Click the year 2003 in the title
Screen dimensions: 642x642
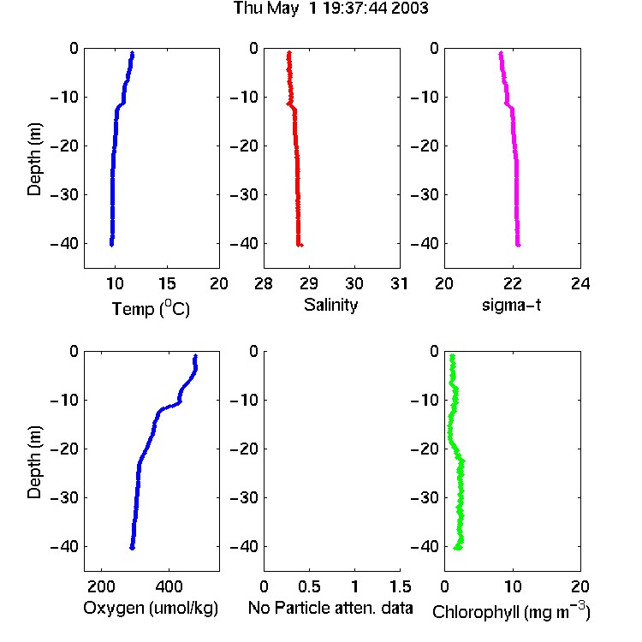pyautogui.click(x=409, y=9)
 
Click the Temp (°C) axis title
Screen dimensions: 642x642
pyautogui.click(x=151, y=309)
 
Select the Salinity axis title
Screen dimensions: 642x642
pyautogui.click(x=330, y=305)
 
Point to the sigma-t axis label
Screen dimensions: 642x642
pyautogui.click(x=511, y=305)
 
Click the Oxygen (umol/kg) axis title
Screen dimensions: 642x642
pyautogui.click(x=151, y=608)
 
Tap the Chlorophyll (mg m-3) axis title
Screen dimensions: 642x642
pyautogui.click(x=511, y=611)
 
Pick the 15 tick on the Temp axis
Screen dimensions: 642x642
pyautogui.click(x=167, y=283)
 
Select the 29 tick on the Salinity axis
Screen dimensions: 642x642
pyautogui.click(x=309, y=283)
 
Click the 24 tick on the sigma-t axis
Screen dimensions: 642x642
pyautogui.click(x=580, y=283)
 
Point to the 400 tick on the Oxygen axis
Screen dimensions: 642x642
pyautogui.click(x=169, y=586)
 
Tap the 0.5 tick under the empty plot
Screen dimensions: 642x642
pyautogui.click(x=309, y=586)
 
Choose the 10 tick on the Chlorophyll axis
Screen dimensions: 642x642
pyautogui.click(x=513, y=586)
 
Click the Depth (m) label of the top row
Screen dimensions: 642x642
pyautogui.click(x=34, y=159)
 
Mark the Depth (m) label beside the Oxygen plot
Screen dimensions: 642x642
pyautogui.click(x=34, y=462)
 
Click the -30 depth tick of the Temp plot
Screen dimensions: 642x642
pyautogui.click(x=64, y=195)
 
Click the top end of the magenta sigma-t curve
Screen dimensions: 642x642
pyautogui.click(x=501, y=53)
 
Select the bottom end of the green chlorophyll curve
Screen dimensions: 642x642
pyautogui.click(x=457, y=548)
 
